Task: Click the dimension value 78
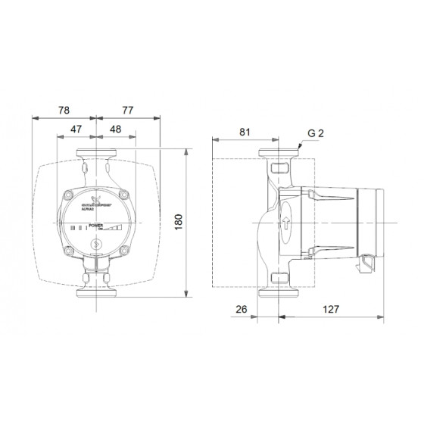[64, 109]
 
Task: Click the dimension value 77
[129, 109]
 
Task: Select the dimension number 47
[76, 129]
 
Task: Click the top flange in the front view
[96, 161]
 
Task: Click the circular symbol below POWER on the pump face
[96, 245]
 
